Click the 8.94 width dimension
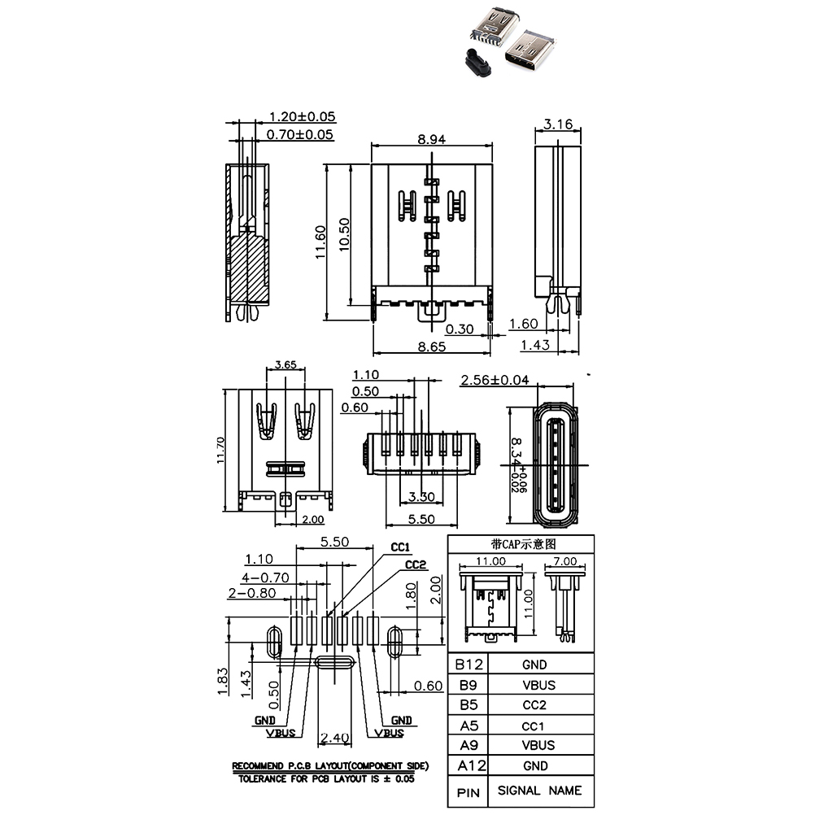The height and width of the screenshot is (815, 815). (x=431, y=139)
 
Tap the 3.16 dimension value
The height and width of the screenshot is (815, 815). (x=558, y=124)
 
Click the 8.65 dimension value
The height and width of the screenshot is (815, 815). (x=431, y=346)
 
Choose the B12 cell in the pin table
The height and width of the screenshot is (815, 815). (x=470, y=665)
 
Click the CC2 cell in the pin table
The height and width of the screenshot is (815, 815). (x=534, y=704)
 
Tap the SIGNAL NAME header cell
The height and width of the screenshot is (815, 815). (x=539, y=790)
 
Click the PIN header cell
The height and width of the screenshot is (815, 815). (x=469, y=791)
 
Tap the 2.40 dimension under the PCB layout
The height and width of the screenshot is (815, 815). (x=334, y=739)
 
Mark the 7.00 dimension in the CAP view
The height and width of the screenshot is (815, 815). (x=564, y=561)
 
